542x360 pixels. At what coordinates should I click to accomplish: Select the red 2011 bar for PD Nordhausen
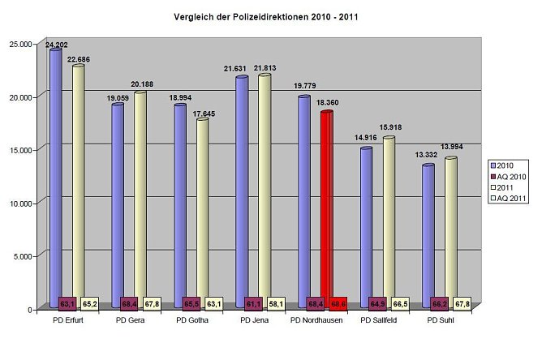[327, 203]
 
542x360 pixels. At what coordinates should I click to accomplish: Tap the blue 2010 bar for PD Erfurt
[55, 170]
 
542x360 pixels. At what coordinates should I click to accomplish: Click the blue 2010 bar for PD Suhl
[428, 227]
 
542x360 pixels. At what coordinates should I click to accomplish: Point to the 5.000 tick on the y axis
[24, 256]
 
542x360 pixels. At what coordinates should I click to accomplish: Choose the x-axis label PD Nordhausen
[316, 320]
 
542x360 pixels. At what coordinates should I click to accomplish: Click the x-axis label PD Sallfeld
[379, 320]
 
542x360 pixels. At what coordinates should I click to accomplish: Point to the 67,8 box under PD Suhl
[461, 303]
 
